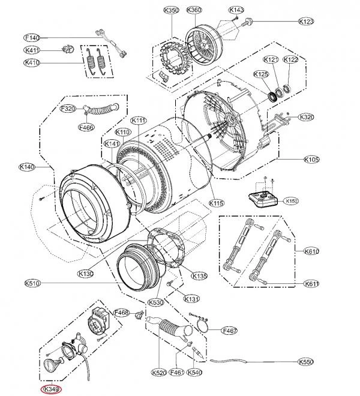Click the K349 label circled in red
pyautogui.click(x=51, y=389)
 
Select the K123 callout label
pyautogui.click(x=306, y=21)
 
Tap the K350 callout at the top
pyautogui.click(x=171, y=10)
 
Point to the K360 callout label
pyautogui.click(x=194, y=10)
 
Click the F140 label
pyautogui.click(x=32, y=38)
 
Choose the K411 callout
pyautogui.click(x=32, y=50)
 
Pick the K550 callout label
pyautogui.click(x=305, y=362)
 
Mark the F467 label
pyautogui.click(x=229, y=330)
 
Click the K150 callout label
pyautogui.click(x=291, y=201)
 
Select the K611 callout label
pyautogui.click(x=311, y=284)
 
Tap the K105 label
pyautogui.click(x=311, y=160)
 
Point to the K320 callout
pyautogui.click(x=306, y=117)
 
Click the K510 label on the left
pyautogui.click(x=32, y=283)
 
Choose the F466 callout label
pyautogui.click(x=86, y=128)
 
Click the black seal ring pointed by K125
pyautogui.click(x=272, y=97)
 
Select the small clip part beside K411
pyautogui.click(x=67, y=49)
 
